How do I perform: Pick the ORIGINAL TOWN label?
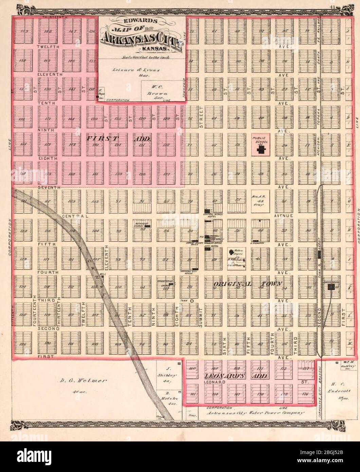248,284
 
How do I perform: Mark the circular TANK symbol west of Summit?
192,301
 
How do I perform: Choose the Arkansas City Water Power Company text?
255,413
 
